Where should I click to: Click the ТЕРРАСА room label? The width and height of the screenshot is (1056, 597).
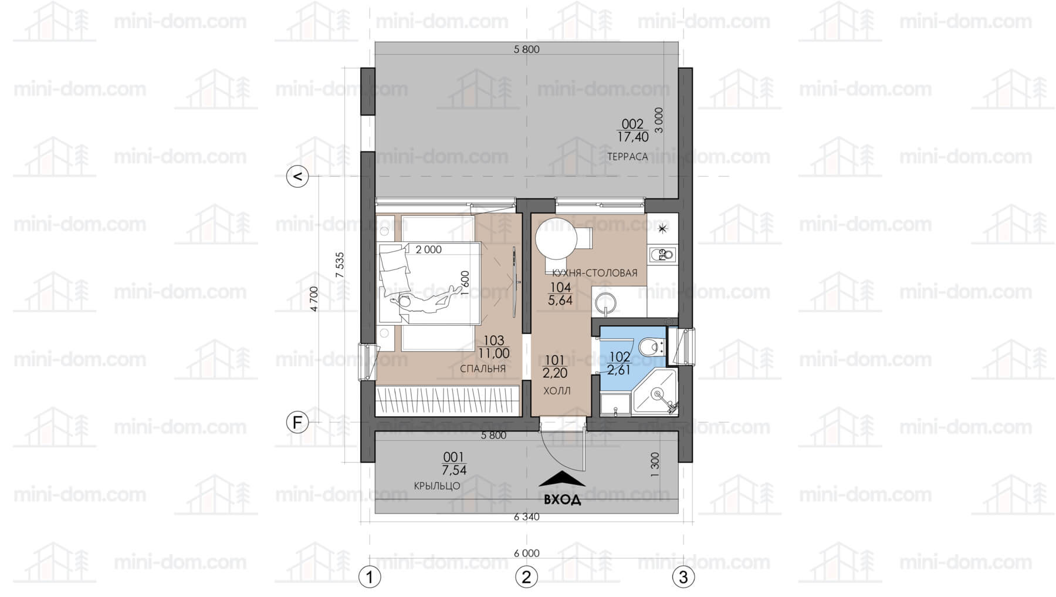pyautogui.click(x=627, y=157)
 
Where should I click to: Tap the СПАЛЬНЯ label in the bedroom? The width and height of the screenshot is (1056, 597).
pyautogui.click(x=483, y=369)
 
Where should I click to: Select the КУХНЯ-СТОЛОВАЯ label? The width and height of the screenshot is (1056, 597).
pyautogui.click(x=594, y=273)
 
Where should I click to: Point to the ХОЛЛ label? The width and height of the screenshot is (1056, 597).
pyautogui.click(x=557, y=391)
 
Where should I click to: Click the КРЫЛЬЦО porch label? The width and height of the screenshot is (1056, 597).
pyautogui.click(x=437, y=486)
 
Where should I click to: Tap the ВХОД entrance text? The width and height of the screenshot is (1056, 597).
pyautogui.click(x=563, y=500)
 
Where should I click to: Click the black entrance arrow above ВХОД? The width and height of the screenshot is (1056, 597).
pyautogui.click(x=562, y=479)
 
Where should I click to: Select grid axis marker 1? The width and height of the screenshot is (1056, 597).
pyautogui.click(x=370, y=577)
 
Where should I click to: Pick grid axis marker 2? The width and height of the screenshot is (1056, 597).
pyautogui.click(x=526, y=577)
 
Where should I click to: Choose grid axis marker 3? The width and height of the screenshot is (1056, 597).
pyautogui.click(x=683, y=577)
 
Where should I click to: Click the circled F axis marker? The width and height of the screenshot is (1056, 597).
pyautogui.click(x=297, y=422)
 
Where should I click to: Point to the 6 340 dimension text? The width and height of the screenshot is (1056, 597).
pyautogui.click(x=526, y=517)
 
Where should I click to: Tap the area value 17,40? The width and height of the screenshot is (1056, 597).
pyautogui.click(x=633, y=137)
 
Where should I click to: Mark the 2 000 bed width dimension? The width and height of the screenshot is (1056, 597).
pyautogui.click(x=428, y=249)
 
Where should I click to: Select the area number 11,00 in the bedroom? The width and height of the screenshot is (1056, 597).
pyautogui.click(x=494, y=353)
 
